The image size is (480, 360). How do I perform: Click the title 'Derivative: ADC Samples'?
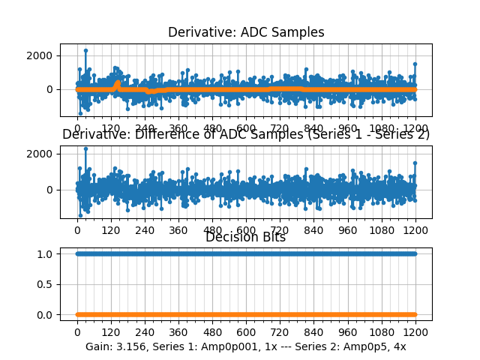coord(246,32)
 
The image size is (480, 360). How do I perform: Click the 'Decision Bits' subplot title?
coord(246,238)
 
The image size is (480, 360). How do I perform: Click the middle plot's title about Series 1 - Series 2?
coord(246,135)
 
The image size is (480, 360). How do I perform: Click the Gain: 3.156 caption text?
coord(246,346)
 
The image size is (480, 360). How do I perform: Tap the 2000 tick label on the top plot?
coord(40,55)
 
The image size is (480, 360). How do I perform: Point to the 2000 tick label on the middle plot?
coord(40,154)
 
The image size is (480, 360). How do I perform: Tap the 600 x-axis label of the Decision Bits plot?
coord(246,331)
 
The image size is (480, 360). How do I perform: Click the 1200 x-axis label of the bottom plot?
coord(415,331)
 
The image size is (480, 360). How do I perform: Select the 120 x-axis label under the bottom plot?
coord(111,331)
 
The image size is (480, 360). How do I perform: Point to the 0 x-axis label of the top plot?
coord(77,127)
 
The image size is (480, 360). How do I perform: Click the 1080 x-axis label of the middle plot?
coord(382,230)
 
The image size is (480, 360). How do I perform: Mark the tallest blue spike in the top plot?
coord(85,50)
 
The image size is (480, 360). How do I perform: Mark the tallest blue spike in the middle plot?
coord(85,148)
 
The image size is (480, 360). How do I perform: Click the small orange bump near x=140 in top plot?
coord(116,84)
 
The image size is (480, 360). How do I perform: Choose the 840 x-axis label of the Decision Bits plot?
coord(314,331)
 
